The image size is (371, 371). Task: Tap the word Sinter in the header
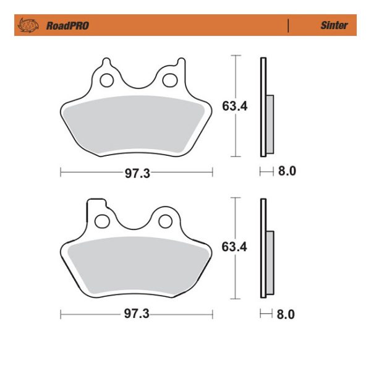click(x=333, y=25)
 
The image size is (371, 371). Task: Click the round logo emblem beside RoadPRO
click(x=28, y=25)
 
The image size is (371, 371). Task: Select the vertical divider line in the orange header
click(x=288, y=25)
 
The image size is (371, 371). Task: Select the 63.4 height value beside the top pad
click(x=235, y=106)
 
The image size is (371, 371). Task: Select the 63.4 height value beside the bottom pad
click(x=235, y=247)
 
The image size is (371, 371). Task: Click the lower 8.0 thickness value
click(x=286, y=314)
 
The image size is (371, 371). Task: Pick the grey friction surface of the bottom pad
click(x=136, y=266)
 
